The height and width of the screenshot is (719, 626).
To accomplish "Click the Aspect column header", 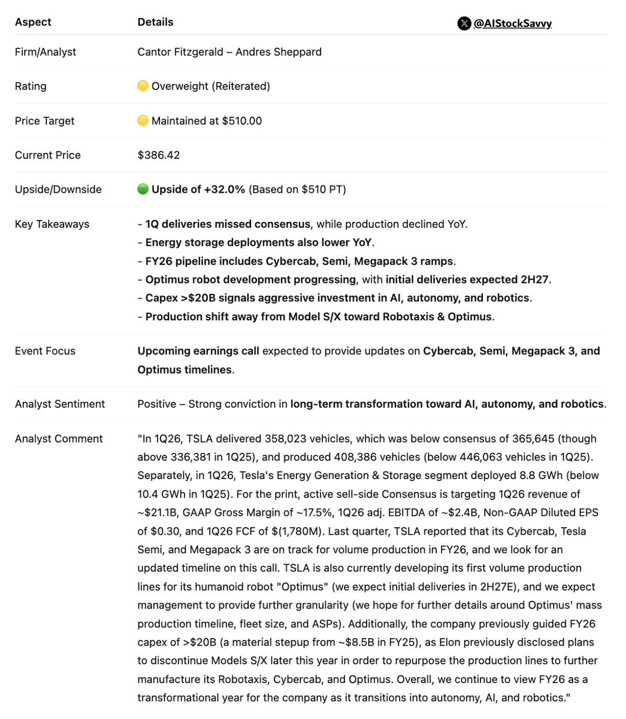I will pos(33,22).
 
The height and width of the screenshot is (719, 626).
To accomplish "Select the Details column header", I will pos(155,22).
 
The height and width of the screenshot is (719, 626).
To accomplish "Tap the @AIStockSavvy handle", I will pos(512,23).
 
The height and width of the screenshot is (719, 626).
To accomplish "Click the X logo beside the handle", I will pos(464,23).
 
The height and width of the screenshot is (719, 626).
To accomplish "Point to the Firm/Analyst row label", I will pos(46,52).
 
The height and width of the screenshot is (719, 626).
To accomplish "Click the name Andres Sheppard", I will pos(279,52).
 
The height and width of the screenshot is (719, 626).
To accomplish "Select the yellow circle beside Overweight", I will pos(143,86).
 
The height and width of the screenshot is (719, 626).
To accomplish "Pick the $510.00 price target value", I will pos(242,121).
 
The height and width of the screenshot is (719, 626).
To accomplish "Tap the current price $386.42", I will pos(159,155).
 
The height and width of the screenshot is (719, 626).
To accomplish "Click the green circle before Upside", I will pos(143,189).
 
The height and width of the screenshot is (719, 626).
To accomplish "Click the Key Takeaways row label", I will pos(52,224).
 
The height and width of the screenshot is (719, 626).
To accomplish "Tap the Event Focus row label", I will pos(45,351).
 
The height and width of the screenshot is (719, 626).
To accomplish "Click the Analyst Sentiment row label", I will pos(60,404).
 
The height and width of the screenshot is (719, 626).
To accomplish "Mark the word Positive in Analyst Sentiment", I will pos(158,404).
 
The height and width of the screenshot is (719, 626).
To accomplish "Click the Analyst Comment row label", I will pos(59,439).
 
